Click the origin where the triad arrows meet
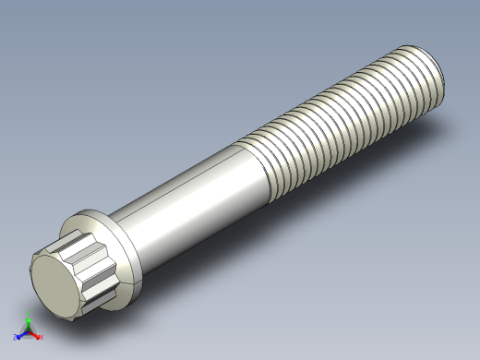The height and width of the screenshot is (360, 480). coord(29,332)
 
